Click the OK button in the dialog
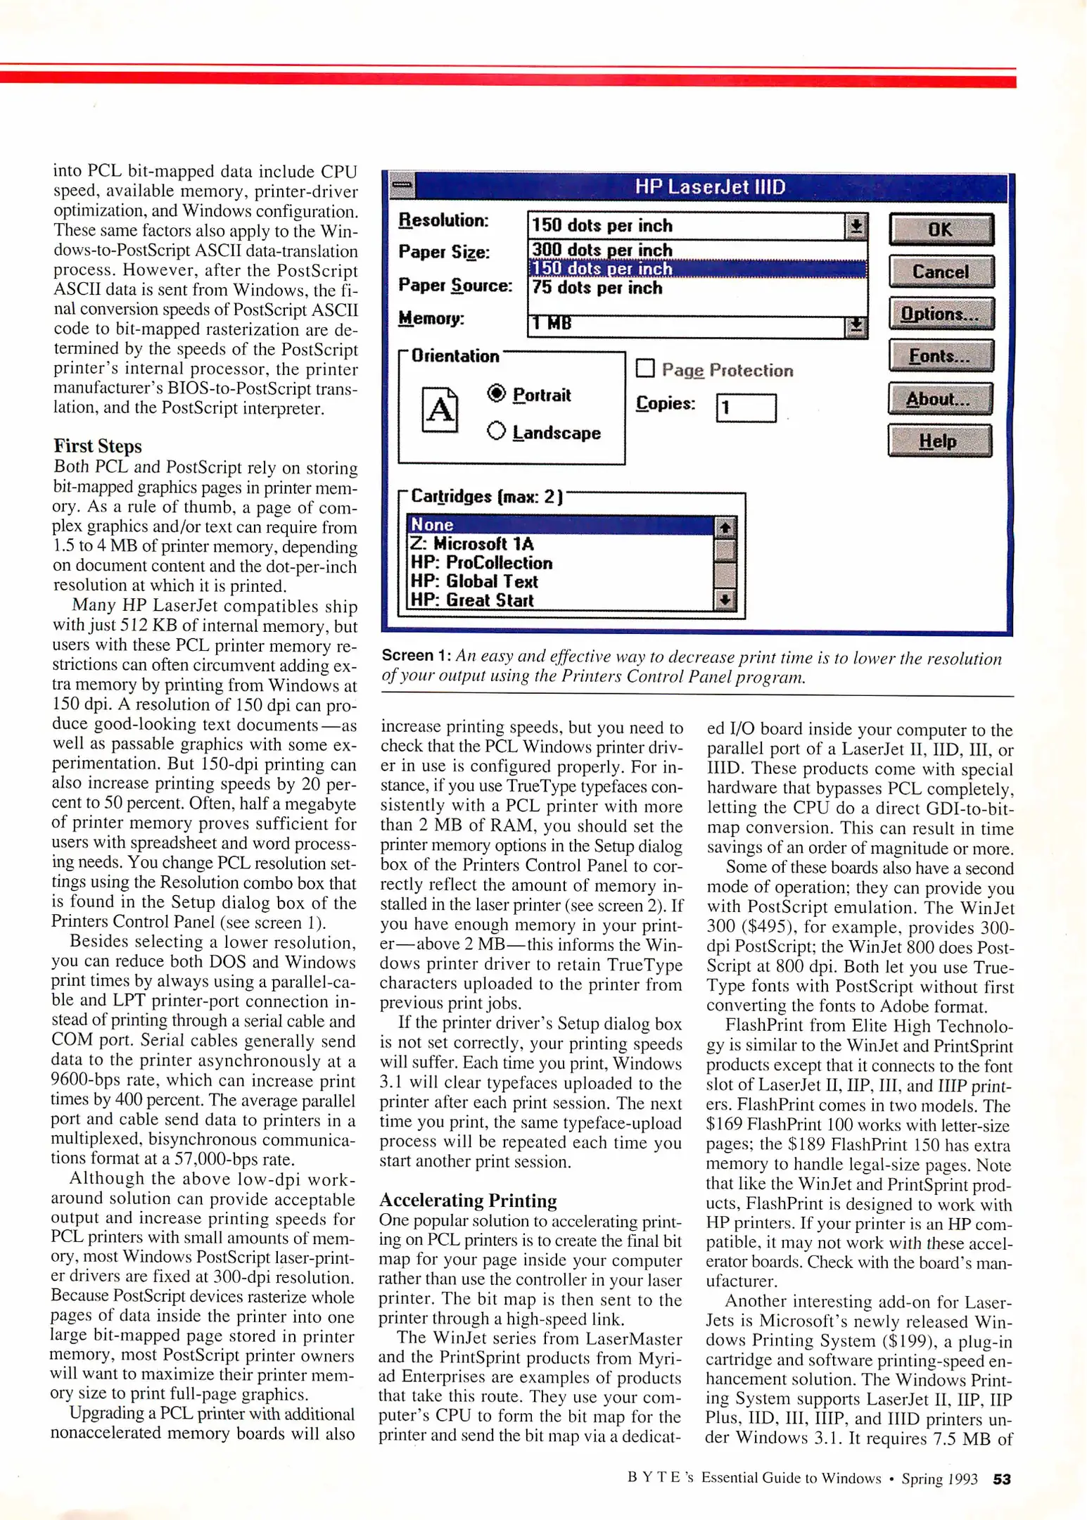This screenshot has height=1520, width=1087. click(941, 229)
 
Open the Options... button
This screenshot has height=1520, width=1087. click(941, 314)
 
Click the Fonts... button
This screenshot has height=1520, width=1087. click(941, 356)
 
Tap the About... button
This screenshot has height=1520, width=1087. click(939, 399)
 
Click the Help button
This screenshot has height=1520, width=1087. click(939, 441)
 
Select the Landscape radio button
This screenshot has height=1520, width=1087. click(496, 431)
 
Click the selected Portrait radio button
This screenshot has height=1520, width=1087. click(496, 393)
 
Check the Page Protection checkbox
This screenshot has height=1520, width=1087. click(645, 369)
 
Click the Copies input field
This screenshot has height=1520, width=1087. click(746, 407)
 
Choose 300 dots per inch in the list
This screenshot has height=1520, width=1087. click(602, 250)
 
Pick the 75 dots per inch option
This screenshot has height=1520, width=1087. click(597, 288)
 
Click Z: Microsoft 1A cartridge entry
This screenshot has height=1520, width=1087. click(472, 544)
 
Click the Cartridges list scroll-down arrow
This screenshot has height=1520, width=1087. click(725, 600)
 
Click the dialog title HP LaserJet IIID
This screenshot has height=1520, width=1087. click(710, 187)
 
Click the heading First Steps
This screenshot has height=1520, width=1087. click(98, 446)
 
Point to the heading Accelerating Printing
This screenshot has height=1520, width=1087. click(468, 1201)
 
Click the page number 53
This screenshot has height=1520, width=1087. click(1002, 1479)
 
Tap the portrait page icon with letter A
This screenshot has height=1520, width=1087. click(440, 410)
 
